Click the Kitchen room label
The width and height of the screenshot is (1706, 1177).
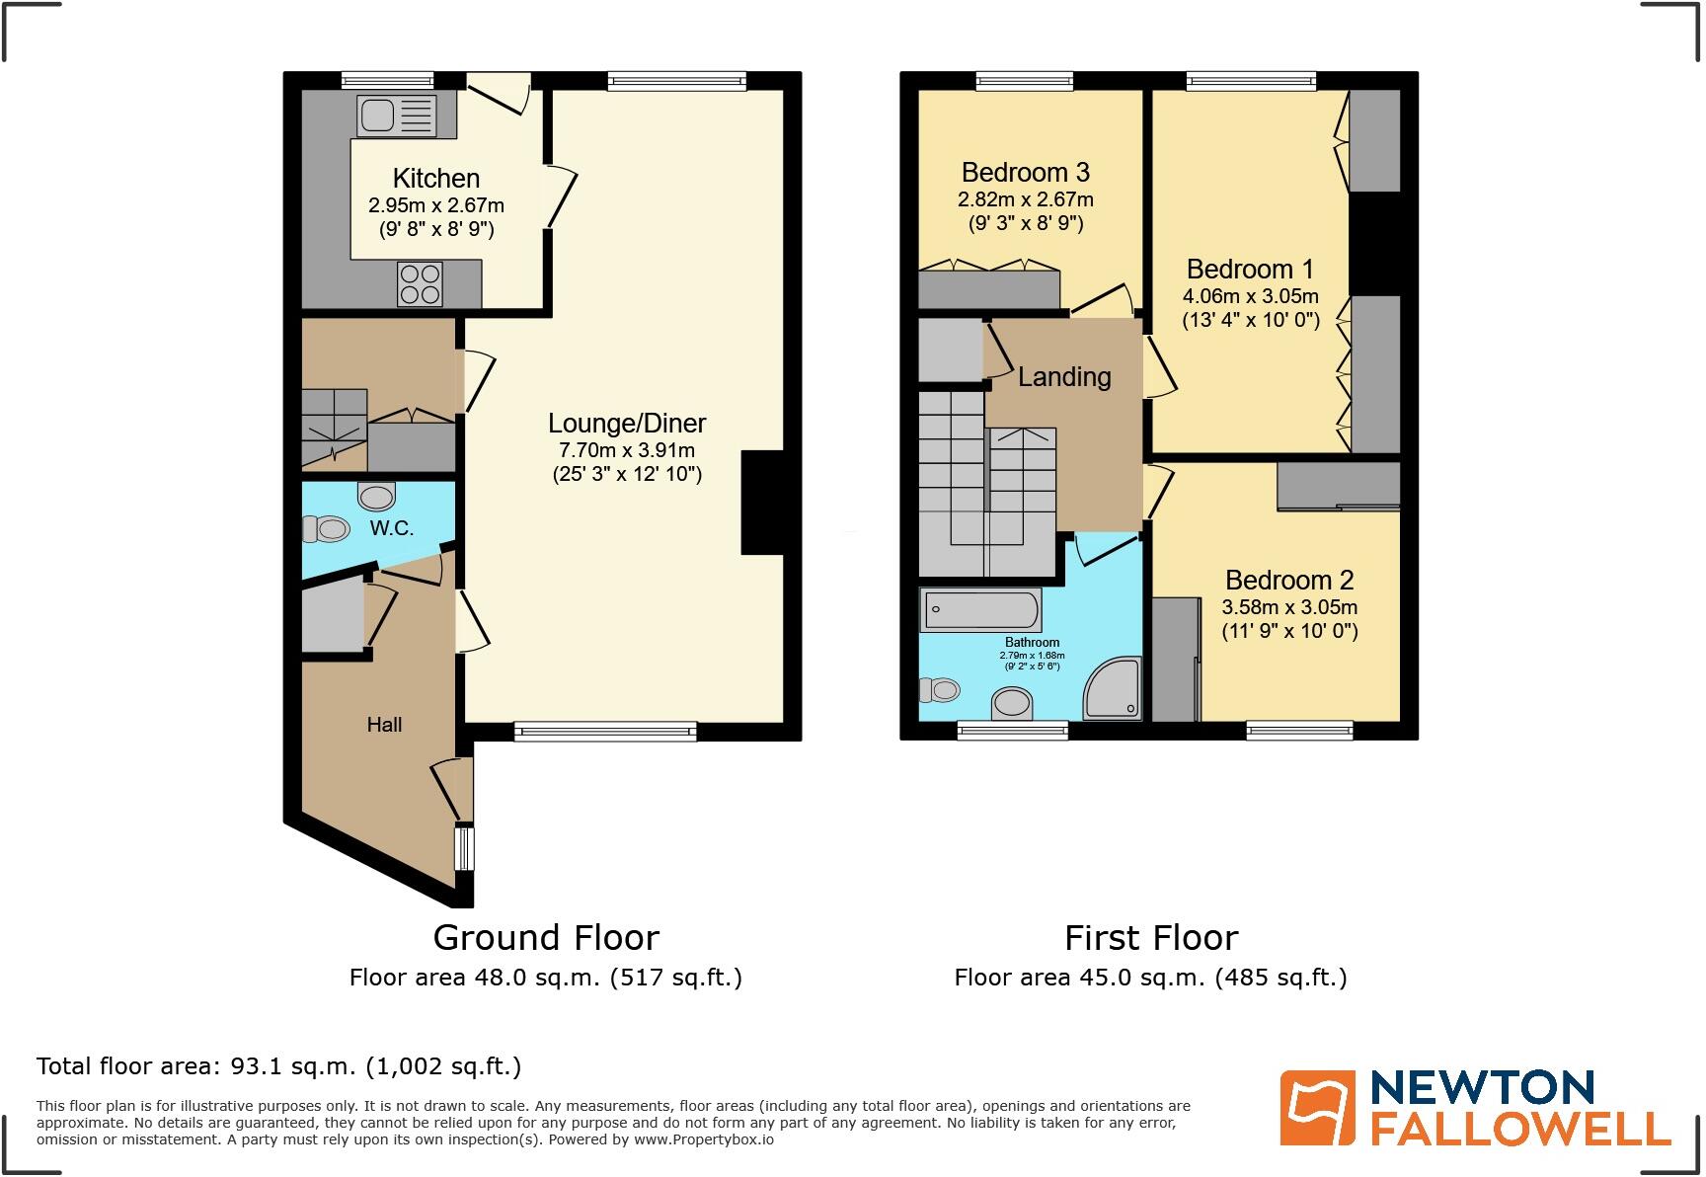click(435, 179)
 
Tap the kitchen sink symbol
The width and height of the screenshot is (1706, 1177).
click(396, 116)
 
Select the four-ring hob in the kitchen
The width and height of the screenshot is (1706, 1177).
click(420, 283)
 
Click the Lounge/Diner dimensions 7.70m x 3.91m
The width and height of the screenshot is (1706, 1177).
click(627, 450)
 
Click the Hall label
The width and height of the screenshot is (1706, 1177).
click(384, 725)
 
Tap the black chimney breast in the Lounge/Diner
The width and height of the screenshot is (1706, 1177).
click(762, 503)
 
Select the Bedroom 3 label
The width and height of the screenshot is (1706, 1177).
click(1025, 173)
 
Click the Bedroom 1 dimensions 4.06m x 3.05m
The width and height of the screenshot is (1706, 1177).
click(1250, 296)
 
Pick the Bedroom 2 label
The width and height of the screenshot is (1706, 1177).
click(1288, 581)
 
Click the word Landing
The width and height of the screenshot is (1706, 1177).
click(1064, 377)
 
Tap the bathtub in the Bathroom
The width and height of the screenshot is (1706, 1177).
click(980, 610)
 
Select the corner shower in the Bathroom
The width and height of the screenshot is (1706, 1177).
click(1114, 690)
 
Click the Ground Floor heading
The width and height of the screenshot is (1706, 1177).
click(545, 937)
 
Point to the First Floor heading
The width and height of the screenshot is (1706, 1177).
click(1150, 937)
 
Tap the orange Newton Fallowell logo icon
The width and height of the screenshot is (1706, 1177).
click(1317, 1108)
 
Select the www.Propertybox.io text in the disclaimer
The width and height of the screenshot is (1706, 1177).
click(703, 1139)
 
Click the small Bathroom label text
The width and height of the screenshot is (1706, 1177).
click(1032, 643)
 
